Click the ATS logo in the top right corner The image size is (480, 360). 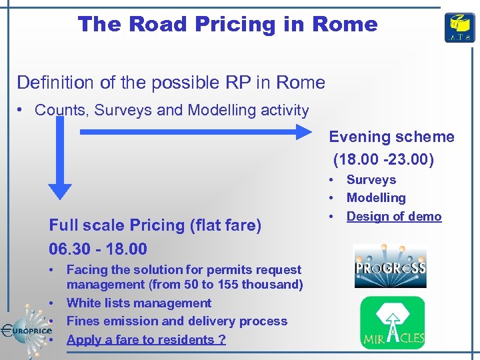[x=460, y=27]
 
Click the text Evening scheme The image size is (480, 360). [x=391, y=137]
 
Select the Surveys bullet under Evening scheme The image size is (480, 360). [x=371, y=180]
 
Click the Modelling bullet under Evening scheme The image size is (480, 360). [x=375, y=198]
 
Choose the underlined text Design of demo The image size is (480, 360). [x=393, y=216]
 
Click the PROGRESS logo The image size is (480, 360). [x=389, y=267]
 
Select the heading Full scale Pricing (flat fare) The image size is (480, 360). [x=155, y=225]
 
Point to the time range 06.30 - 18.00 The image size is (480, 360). [x=98, y=249]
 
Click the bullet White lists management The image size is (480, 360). [x=139, y=303]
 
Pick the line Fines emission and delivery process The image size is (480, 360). [x=177, y=321]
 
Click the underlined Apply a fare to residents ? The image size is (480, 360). [x=146, y=339]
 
